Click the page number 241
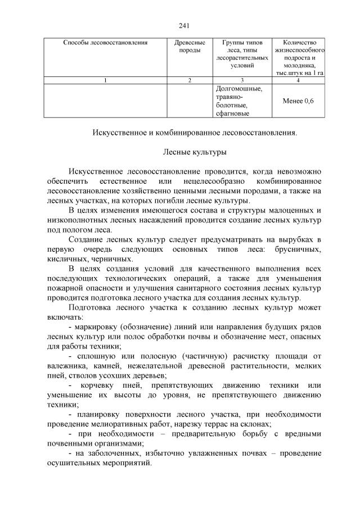183,25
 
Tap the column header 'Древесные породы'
190,46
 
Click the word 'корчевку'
105,385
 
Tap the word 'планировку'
99,414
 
